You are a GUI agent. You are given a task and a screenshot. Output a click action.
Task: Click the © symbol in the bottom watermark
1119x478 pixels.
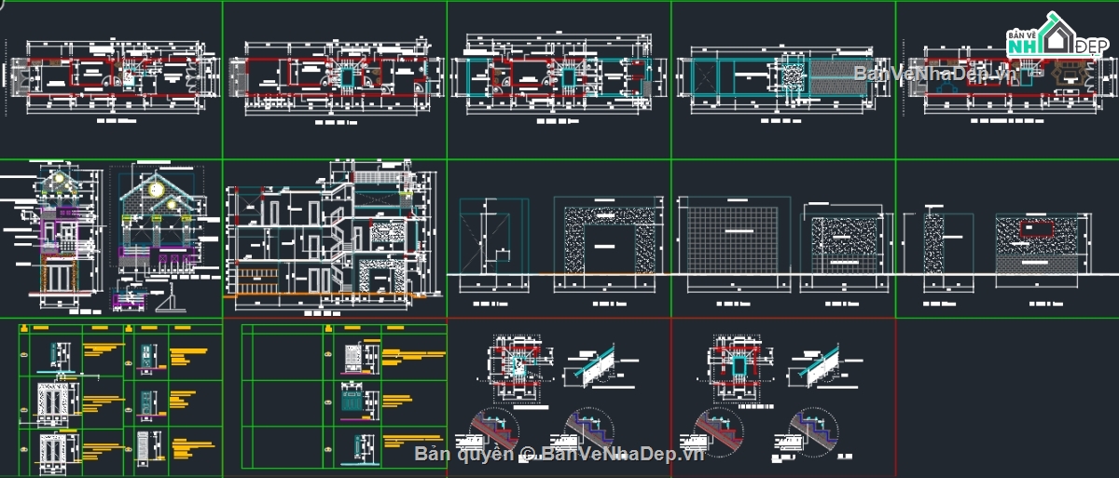tap(528, 454)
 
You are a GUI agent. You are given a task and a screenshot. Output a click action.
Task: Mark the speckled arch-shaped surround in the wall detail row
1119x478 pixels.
tap(604, 237)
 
